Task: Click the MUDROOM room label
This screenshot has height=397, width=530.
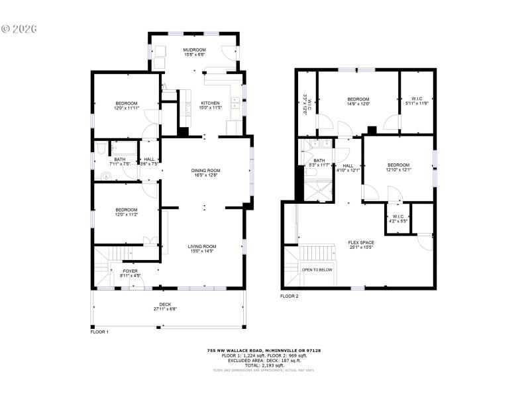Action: click(x=194, y=50)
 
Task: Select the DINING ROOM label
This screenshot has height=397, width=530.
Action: click(x=205, y=171)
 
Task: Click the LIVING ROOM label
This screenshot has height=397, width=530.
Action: click(x=203, y=247)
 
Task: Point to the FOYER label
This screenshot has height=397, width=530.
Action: click(x=131, y=271)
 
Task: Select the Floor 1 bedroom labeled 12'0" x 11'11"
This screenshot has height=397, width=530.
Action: click(x=126, y=105)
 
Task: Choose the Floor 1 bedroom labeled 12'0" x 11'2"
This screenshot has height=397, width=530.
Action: click(x=126, y=212)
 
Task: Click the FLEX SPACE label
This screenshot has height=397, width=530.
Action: click(x=361, y=243)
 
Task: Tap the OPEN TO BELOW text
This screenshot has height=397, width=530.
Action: click(x=317, y=270)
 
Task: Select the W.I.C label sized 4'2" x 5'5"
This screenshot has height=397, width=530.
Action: click(x=397, y=218)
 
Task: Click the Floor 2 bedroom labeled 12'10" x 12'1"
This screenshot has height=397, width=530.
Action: click(x=398, y=167)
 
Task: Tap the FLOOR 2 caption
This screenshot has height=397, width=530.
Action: click(x=290, y=296)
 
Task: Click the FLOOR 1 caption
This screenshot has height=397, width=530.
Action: click(x=99, y=331)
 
